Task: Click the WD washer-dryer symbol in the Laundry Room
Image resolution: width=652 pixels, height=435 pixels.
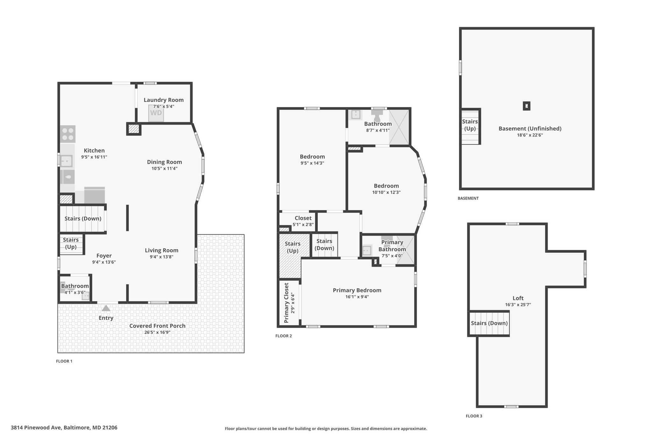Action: pyautogui.click(x=156, y=113)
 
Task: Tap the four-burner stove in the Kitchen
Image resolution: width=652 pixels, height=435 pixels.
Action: pyautogui.click(x=68, y=134)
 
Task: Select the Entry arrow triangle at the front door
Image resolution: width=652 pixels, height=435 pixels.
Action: pyautogui.click(x=106, y=308)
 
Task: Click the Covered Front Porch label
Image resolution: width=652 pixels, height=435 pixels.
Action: pyautogui.click(x=157, y=326)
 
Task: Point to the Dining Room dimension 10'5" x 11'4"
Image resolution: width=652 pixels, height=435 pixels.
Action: pyautogui.click(x=164, y=169)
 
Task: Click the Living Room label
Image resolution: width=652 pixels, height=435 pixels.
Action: pyautogui.click(x=162, y=250)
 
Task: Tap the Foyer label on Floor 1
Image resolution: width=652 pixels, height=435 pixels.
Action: pyautogui.click(x=104, y=256)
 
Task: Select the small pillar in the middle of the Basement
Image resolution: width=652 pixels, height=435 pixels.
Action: pyautogui.click(x=527, y=106)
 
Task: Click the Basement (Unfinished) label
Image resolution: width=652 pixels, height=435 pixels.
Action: pyautogui.click(x=530, y=129)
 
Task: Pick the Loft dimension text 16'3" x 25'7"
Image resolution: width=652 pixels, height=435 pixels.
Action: pyautogui.click(x=518, y=305)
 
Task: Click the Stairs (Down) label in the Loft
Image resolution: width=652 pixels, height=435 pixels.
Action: pyautogui.click(x=489, y=323)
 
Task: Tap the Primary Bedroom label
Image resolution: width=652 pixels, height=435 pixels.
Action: pyautogui.click(x=357, y=290)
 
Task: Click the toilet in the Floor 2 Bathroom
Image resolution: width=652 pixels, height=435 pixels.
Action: pyautogui.click(x=377, y=115)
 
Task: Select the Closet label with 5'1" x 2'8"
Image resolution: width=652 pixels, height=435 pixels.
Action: pyautogui.click(x=303, y=218)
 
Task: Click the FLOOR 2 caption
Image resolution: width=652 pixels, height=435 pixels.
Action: pyautogui.click(x=284, y=336)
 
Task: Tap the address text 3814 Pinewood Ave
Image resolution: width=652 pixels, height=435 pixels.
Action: pyautogui.click(x=35, y=428)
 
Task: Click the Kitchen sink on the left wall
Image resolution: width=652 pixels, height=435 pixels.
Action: pyautogui.click(x=67, y=161)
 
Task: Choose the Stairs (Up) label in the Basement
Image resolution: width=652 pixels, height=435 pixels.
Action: pyautogui.click(x=470, y=125)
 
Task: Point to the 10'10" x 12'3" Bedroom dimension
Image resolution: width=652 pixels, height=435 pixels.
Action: pyautogui.click(x=386, y=192)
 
